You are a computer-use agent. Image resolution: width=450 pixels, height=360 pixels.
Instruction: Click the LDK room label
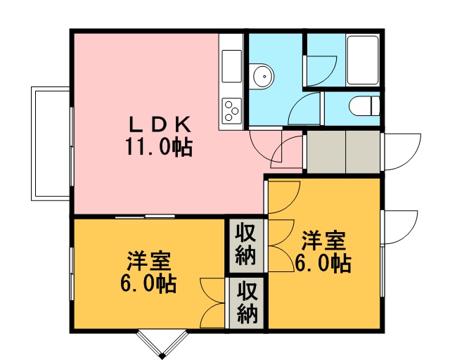[x=160, y=124]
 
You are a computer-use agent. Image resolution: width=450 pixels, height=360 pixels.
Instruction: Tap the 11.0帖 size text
[x=159, y=147]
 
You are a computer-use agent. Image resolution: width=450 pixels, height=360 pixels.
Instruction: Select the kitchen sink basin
[x=231, y=66]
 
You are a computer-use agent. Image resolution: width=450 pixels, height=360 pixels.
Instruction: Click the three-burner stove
[x=231, y=111]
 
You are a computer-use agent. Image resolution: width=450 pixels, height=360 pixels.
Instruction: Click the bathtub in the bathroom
[x=363, y=60]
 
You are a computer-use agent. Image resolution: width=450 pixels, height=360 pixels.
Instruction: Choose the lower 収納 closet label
[x=247, y=302]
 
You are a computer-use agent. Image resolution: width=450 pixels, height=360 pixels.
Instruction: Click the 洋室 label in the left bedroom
[x=149, y=261]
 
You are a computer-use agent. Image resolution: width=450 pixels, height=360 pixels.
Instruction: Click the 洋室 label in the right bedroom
[x=323, y=240]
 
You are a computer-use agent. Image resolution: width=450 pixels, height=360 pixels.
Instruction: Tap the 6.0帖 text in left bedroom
[x=148, y=283]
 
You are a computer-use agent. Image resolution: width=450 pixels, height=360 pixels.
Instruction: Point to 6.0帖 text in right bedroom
[x=323, y=263]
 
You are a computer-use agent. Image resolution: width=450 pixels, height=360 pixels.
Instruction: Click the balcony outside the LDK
[x=51, y=143]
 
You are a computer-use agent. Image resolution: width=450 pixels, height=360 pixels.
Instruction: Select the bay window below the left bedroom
[x=162, y=344]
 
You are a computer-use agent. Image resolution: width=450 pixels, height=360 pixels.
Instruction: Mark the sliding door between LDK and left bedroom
[x=146, y=216]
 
